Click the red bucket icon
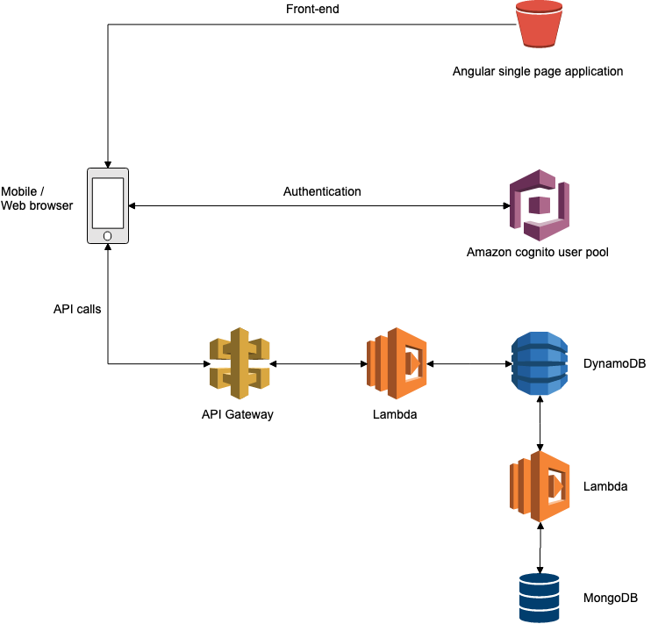tap(539, 25)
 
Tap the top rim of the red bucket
tap(539, 6)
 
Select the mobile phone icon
tap(108, 205)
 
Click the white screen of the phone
tap(108, 203)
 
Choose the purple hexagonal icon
tap(540, 205)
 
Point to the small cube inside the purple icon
tap(540, 205)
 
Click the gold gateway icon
tap(240, 363)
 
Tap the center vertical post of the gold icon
tap(240, 363)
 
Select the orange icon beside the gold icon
tap(397, 363)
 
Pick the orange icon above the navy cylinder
tap(540, 486)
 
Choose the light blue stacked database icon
tap(540, 363)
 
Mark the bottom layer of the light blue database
tap(540, 387)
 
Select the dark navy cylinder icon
tap(540, 597)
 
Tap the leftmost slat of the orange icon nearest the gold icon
tap(370, 362)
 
